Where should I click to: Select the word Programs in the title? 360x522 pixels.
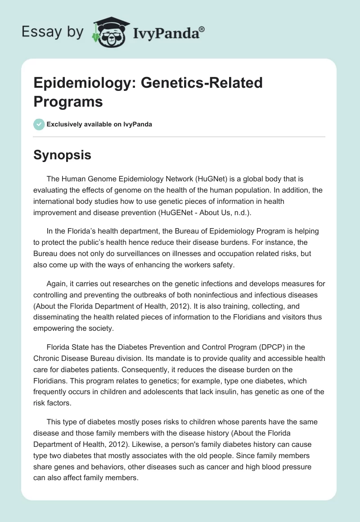tap(68, 101)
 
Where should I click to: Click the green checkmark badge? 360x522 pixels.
tap(39, 124)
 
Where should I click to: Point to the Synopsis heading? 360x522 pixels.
tap(63, 155)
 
